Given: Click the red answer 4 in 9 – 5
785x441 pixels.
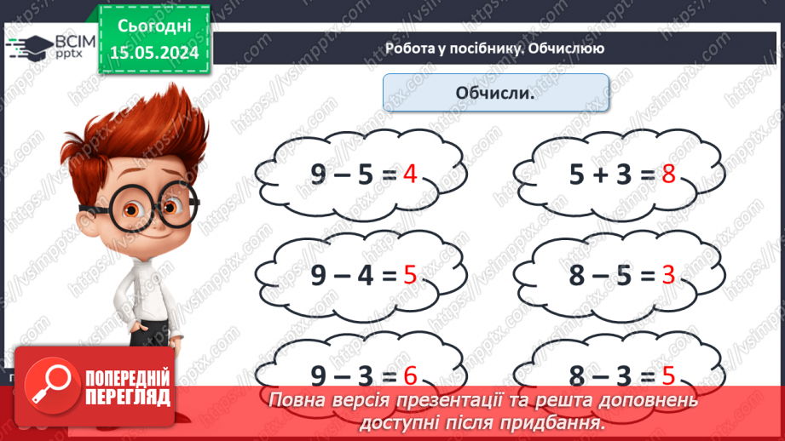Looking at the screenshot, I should pyautogui.click(x=410, y=175).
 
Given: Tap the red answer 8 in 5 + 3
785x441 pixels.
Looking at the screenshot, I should pyautogui.click(x=668, y=175).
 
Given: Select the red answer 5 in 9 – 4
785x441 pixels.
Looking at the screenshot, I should pyautogui.click(x=410, y=276).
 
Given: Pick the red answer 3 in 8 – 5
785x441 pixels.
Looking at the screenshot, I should pyautogui.click(x=668, y=276).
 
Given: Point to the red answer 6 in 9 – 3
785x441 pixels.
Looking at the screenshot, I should pyautogui.click(x=410, y=375).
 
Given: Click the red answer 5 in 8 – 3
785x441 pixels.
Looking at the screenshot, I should pyautogui.click(x=668, y=375).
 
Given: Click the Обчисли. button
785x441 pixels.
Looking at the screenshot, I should pyautogui.click(x=495, y=92).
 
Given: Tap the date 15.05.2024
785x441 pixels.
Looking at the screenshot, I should pyautogui.click(x=154, y=51).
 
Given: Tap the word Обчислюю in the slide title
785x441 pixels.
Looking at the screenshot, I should pyautogui.click(x=566, y=49).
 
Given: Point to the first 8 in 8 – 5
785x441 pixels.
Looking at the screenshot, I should pyautogui.click(x=579, y=276).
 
